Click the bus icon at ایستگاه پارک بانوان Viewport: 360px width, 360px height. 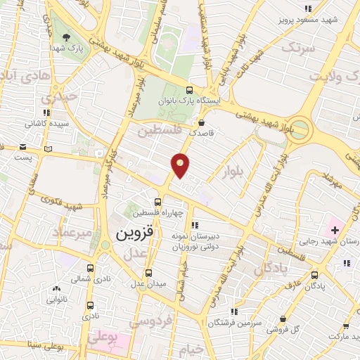188,90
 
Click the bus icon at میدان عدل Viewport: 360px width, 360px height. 148,273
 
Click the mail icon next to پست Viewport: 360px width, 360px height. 23,148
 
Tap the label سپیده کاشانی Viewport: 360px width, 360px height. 46,123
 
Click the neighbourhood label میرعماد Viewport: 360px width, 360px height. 72,231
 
